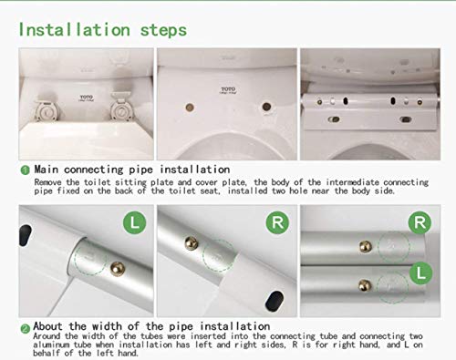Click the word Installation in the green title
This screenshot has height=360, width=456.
(x=75, y=30)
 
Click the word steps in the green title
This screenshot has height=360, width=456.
(x=163, y=31)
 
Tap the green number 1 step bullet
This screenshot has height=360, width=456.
(x=25, y=170)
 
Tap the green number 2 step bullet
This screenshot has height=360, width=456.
(x=25, y=329)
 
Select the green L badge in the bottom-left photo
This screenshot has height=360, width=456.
(x=134, y=222)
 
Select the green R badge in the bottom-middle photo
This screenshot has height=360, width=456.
(x=277, y=222)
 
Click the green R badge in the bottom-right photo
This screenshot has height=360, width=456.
(x=420, y=222)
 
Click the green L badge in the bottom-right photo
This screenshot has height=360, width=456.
(x=421, y=273)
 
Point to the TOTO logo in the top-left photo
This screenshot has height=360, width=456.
(x=87, y=98)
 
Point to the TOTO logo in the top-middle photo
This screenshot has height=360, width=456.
(x=228, y=90)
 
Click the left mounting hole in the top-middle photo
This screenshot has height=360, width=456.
(x=190, y=107)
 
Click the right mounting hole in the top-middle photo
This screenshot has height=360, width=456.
(x=266, y=107)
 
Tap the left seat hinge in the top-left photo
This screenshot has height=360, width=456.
(x=47, y=110)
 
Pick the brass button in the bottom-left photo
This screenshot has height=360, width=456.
(x=118, y=269)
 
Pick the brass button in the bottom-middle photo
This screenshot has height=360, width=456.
(x=192, y=243)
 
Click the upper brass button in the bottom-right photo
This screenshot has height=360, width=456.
(x=366, y=247)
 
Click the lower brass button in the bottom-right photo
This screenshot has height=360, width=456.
(x=365, y=285)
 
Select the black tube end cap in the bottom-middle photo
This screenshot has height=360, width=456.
(x=275, y=301)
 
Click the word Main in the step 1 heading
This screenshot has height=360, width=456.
(x=47, y=170)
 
